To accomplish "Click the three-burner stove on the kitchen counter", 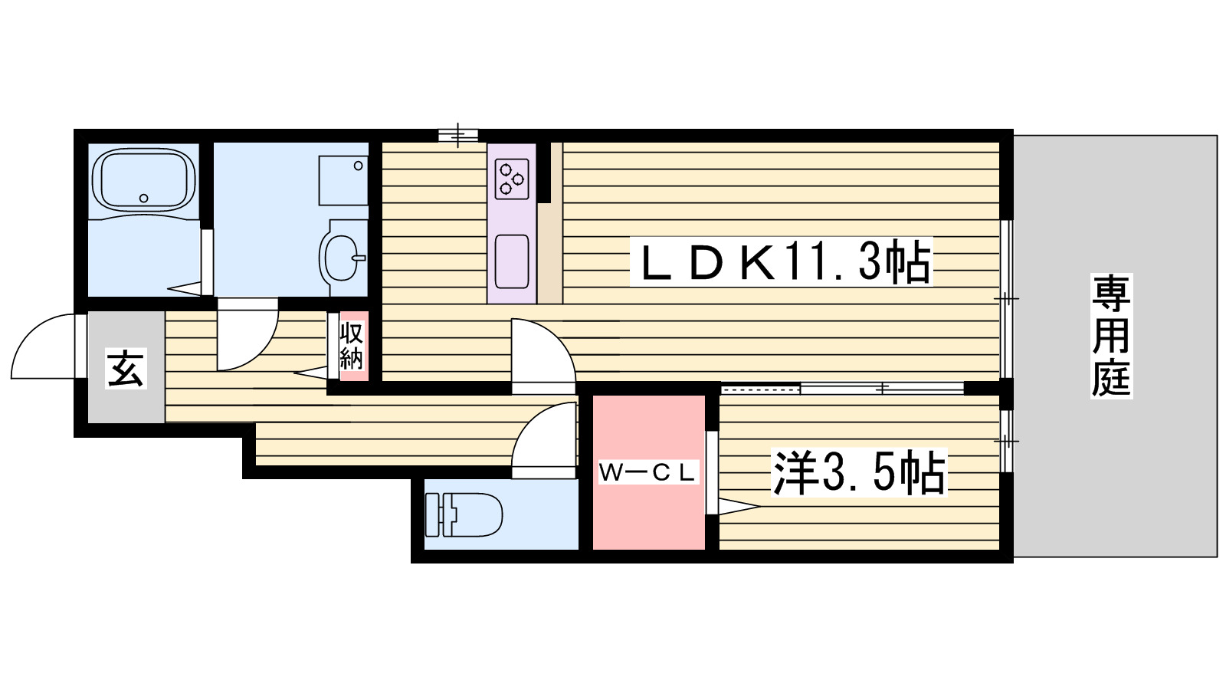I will [512, 179].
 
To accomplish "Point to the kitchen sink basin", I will [512, 261].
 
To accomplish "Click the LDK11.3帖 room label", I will [780, 262].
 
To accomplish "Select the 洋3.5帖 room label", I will [859, 473].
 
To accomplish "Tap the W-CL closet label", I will [647, 472].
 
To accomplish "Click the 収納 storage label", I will [352, 347].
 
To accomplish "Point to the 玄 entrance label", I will [126, 370].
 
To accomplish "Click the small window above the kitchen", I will [458, 136].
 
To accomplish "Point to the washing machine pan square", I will [343, 180].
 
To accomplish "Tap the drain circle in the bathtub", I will [143, 199].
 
